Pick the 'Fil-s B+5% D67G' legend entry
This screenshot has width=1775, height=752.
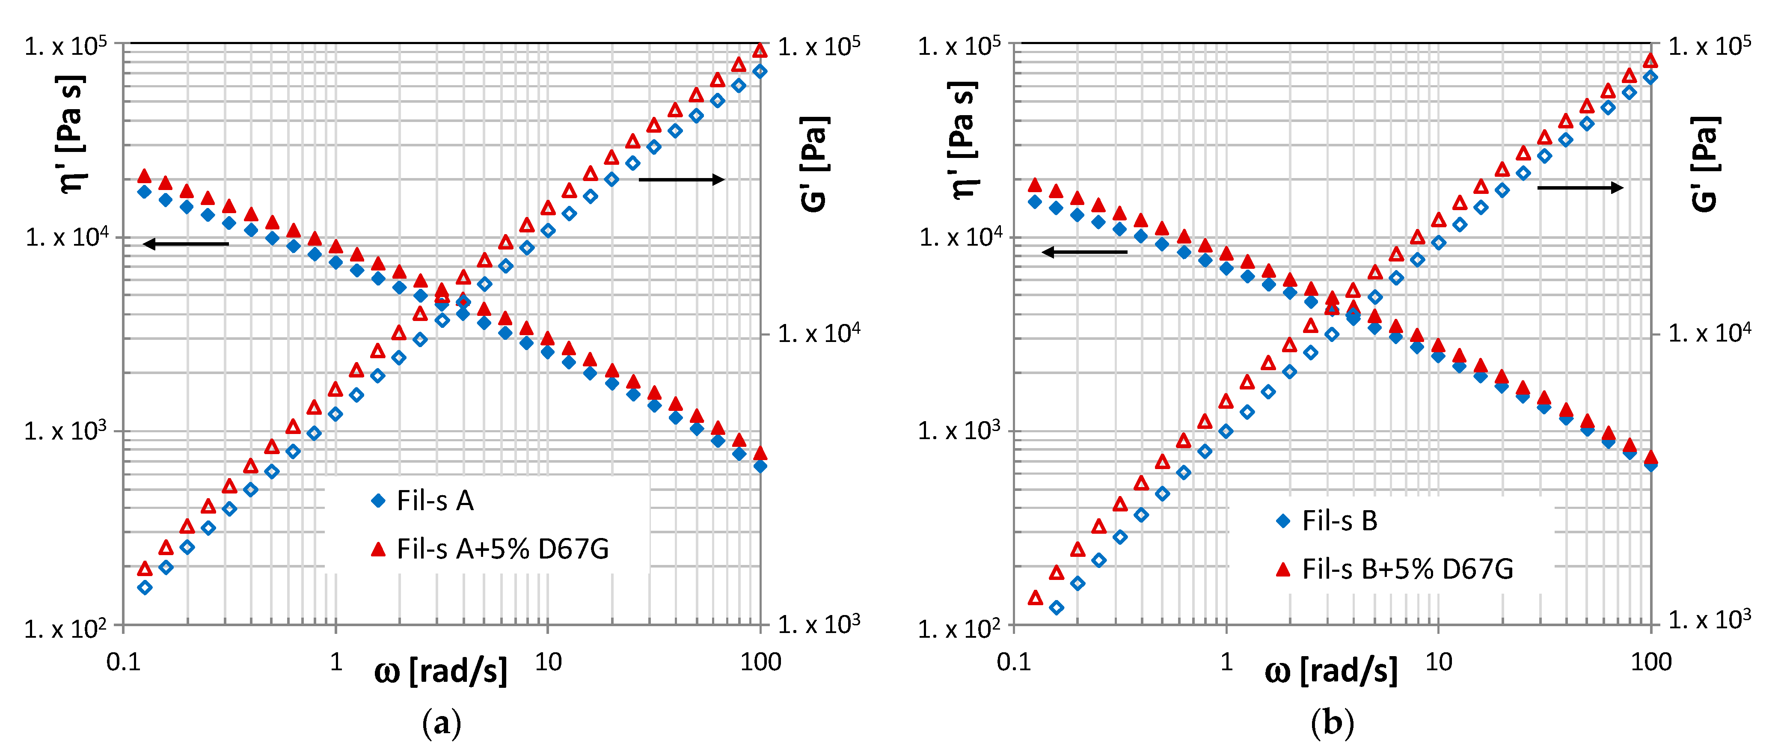pos(1407,569)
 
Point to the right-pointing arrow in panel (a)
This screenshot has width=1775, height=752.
pos(682,180)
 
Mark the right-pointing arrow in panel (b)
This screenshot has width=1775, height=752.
pos(1580,187)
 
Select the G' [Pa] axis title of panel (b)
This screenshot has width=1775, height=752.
pos(1705,163)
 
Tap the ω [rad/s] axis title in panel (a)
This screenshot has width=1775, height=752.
pos(441,671)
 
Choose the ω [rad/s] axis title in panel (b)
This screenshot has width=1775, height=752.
pos(1331,671)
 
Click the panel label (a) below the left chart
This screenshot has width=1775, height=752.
pos(441,722)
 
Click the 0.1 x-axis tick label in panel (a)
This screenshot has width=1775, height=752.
pos(123,663)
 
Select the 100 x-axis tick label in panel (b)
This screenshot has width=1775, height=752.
pos(1651,663)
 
